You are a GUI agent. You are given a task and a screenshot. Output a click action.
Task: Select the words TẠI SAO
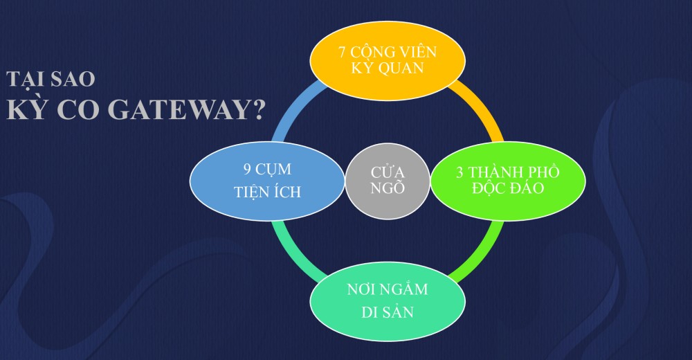click(51, 79)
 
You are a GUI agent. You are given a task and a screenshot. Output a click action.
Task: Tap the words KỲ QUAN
click(387, 69)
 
